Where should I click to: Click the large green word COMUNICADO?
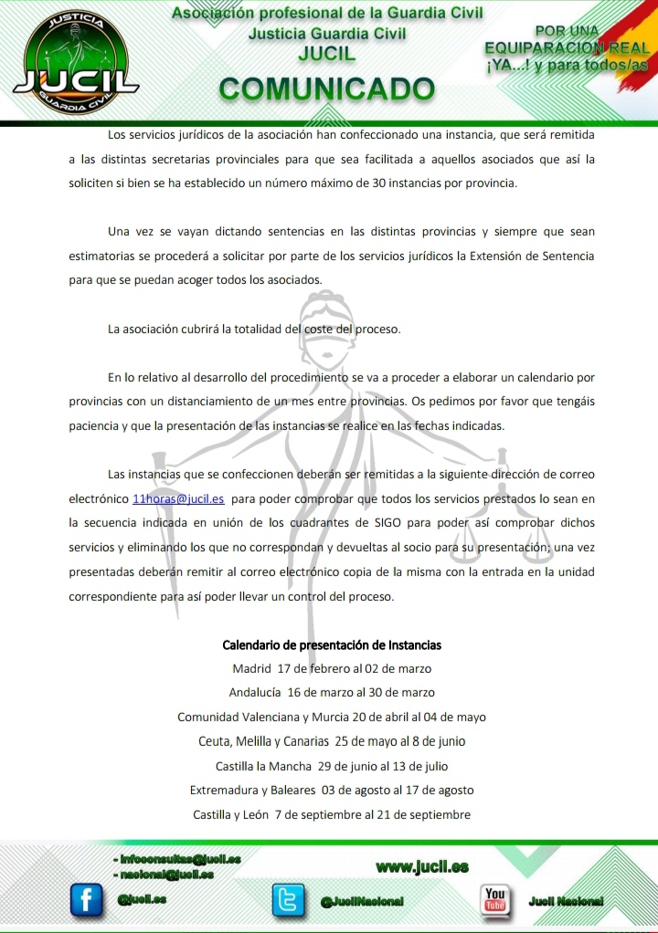pos(326,89)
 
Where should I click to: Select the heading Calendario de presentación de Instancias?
pos(332,645)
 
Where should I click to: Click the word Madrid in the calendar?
pos(252,668)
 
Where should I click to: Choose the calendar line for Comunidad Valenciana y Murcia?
pos(332,717)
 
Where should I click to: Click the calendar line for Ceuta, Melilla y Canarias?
pos(332,741)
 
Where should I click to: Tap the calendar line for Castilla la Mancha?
pos(332,766)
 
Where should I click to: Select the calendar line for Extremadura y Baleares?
pos(332,790)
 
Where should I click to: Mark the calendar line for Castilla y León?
pos(332,814)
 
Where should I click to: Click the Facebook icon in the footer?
pos(88,900)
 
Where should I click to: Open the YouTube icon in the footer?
pos(495,899)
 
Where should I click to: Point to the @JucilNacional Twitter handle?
pos(362,901)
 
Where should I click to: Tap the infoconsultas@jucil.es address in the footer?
pos(179,859)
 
